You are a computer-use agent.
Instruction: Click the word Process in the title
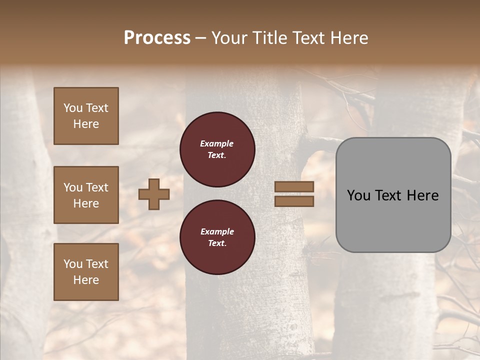click(x=157, y=38)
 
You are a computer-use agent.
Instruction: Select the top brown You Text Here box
click(x=86, y=116)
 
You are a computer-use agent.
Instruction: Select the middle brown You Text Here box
click(x=86, y=195)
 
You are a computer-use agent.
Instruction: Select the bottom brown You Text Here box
click(x=86, y=271)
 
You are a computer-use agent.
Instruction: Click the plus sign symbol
click(x=154, y=194)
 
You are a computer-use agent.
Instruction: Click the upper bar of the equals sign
click(x=294, y=186)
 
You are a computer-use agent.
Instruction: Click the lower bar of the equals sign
click(x=294, y=201)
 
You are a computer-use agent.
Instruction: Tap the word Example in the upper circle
click(x=217, y=143)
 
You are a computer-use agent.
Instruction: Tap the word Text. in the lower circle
click(x=217, y=243)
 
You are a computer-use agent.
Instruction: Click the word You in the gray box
click(x=359, y=195)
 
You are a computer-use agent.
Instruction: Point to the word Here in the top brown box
click(x=86, y=124)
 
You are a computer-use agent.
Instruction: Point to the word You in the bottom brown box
click(x=73, y=263)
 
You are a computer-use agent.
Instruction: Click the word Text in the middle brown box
click(x=96, y=187)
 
